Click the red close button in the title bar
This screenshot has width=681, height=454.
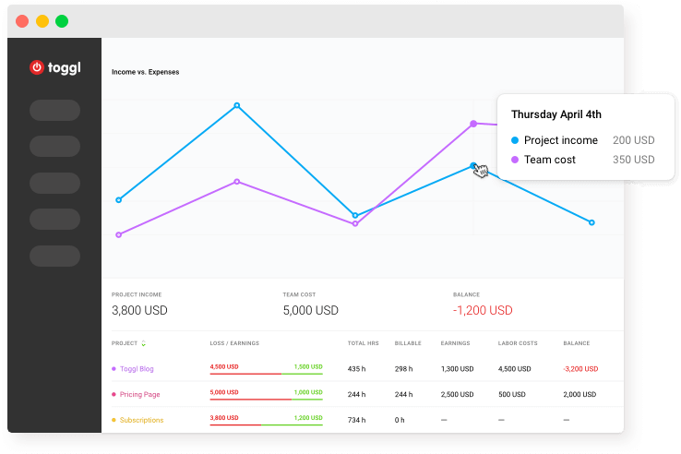(x=22, y=21)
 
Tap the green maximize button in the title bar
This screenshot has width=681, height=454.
(x=62, y=21)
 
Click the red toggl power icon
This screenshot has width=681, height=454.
(x=37, y=66)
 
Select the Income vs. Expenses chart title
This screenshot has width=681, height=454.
(x=145, y=72)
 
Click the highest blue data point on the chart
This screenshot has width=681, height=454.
(x=237, y=105)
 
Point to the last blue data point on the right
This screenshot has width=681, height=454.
(x=591, y=222)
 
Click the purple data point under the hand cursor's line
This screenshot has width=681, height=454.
(x=473, y=123)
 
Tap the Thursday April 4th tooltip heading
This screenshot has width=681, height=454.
(x=556, y=114)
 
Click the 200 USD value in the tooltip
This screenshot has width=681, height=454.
(x=633, y=140)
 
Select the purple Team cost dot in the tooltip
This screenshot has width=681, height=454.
(x=515, y=160)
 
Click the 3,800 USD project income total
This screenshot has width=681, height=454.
(x=139, y=310)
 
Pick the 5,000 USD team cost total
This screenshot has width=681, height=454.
(x=310, y=310)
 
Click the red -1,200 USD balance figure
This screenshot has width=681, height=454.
(x=482, y=310)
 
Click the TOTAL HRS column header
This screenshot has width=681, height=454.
(x=363, y=343)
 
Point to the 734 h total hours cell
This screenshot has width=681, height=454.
(x=356, y=420)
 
